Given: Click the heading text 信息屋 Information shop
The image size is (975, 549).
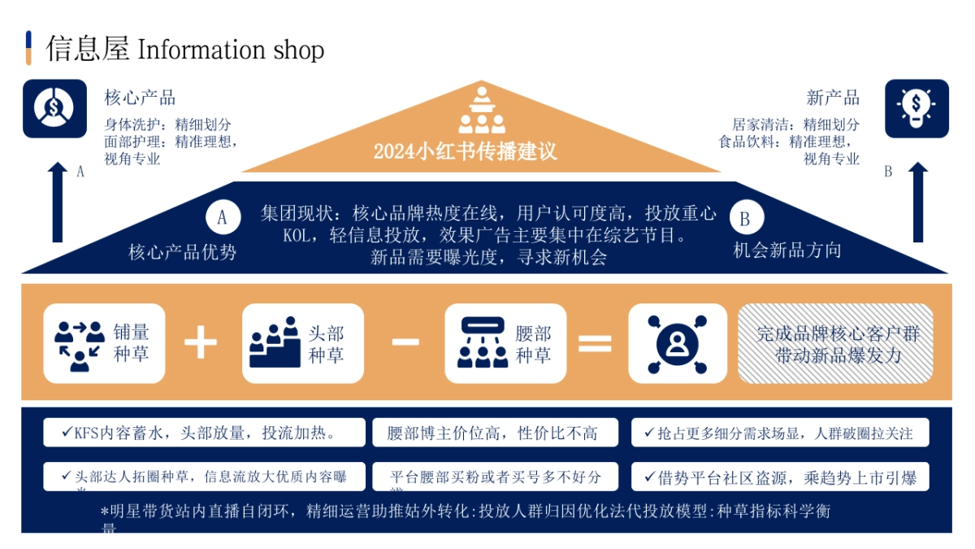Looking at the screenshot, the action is (x=185, y=50).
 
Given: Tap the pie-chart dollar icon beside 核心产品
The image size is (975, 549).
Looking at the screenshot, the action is (x=54, y=108).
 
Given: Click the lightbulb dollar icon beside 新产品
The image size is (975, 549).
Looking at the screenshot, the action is (x=916, y=108).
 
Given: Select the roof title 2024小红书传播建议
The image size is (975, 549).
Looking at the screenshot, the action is (x=465, y=151).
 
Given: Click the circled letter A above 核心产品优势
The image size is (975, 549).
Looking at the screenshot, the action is (x=223, y=217).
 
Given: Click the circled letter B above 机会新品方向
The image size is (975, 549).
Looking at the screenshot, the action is (x=745, y=218).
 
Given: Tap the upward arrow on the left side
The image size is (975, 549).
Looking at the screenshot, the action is (x=57, y=201).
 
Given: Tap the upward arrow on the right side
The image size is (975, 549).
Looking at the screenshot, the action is (x=917, y=201).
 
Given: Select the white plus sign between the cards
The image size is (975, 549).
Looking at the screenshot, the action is (x=201, y=342).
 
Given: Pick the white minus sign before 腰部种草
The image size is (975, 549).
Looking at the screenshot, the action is (x=405, y=342).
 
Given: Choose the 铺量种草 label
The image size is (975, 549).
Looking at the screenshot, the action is (x=131, y=343).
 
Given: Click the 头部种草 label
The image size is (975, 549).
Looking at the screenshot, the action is (x=326, y=343).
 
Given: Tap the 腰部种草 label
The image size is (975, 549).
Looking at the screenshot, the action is (x=533, y=343).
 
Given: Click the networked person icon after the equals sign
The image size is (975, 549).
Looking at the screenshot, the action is (x=677, y=343).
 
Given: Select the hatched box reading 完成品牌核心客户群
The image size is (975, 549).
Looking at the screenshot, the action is (x=834, y=343).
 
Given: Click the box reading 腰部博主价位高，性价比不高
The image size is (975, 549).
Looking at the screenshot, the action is (x=495, y=433).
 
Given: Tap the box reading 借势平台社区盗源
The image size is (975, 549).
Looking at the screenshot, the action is (x=779, y=477).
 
